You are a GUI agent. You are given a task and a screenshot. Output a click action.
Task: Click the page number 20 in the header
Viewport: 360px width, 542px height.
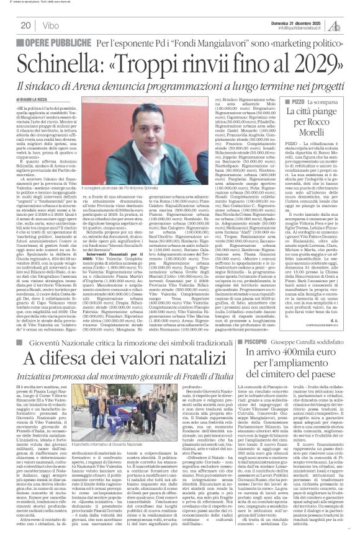click(x=25, y=25)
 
